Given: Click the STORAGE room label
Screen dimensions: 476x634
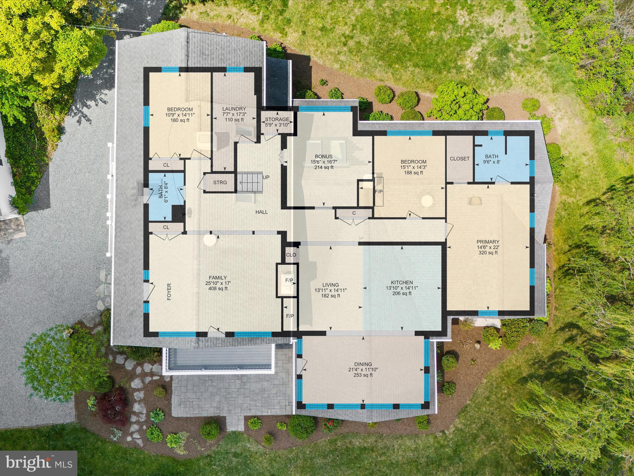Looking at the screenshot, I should [277, 119].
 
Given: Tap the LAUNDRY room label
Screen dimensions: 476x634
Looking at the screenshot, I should [234, 109].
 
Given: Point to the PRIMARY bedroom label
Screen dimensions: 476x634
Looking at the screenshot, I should [488, 242].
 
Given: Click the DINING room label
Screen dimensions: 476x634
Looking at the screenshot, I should [363, 364].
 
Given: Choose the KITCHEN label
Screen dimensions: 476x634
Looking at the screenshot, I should [402, 283].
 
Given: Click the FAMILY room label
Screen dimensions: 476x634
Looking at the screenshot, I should [218, 278].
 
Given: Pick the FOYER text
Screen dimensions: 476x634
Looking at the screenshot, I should [169, 292].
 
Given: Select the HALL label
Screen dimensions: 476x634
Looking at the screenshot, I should [262, 212].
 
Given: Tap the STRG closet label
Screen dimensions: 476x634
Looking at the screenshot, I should [220, 183].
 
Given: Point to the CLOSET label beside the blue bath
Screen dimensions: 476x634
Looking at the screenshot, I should [459, 159].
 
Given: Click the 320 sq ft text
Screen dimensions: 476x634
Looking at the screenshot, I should [488, 253].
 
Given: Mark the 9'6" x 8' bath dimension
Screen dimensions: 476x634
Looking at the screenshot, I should [492, 161].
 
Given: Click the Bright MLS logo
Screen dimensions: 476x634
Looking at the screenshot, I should [38, 463].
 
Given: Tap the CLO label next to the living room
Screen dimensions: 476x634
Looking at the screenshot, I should [291, 255].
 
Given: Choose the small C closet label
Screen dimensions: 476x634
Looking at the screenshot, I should [354, 213].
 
